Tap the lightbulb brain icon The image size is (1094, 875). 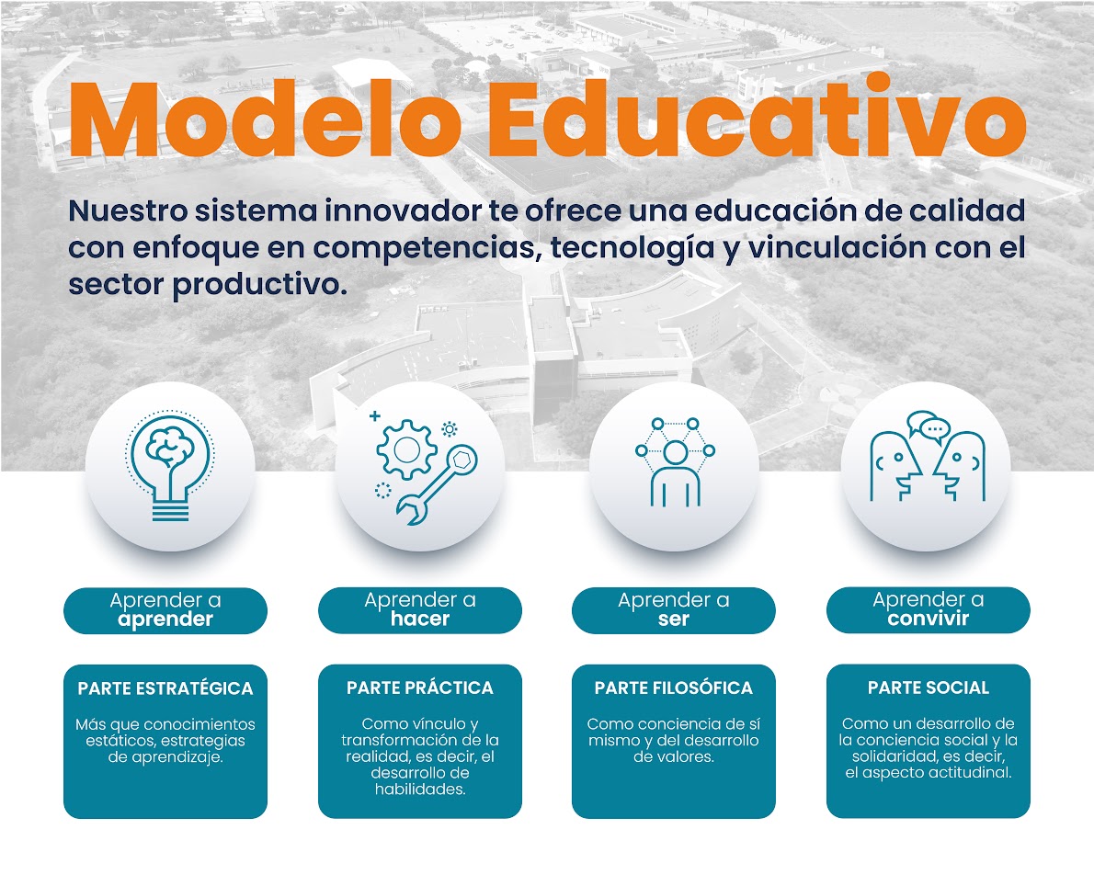coord(170,465)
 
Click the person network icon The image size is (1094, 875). coord(675,465)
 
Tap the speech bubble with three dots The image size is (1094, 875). coord(935,427)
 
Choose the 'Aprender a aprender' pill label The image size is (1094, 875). coord(165,610)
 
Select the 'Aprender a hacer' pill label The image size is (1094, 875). coord(420,610)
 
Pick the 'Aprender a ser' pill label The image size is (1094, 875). coord(674,610)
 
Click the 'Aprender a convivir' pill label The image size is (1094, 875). coord(928,610)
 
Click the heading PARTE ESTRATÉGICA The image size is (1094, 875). coord(165,688)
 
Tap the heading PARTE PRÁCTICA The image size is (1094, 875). coord(420,687)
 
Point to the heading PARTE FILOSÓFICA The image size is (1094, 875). coord(674,687)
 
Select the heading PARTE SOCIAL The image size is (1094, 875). coord(928,687)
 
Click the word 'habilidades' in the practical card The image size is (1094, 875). coord(420,790)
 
